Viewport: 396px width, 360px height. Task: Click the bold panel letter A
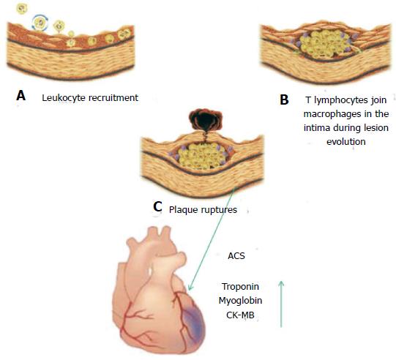coord(20,96)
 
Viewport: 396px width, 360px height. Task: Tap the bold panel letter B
coord(284,100)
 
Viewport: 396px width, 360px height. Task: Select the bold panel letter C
coord(157,207)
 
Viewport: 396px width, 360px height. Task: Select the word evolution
coord(346,142)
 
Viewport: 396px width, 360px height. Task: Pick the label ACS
coord(236,256)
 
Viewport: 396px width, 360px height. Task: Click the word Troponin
coord(240,287)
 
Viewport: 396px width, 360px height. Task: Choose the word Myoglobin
coord(240,301)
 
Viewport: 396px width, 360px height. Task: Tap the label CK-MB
coord(240,315)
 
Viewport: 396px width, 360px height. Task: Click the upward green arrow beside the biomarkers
coord(281,304)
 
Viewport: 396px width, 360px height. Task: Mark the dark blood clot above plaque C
coord(205,121)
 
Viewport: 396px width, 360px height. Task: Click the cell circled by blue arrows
coord(40,23)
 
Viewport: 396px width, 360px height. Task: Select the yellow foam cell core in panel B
coord(324,44)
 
